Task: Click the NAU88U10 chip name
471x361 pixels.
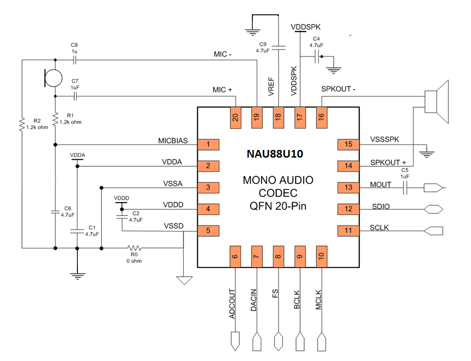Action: point(275,154)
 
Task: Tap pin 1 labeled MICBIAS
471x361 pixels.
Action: point(208,145)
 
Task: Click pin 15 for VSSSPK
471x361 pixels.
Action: point(348,145)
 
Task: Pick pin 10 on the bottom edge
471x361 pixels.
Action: point(321,257)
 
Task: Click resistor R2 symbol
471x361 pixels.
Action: point(22,124)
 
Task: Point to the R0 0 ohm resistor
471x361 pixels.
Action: point(135,248)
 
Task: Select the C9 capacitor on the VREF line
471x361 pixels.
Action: point(278,46)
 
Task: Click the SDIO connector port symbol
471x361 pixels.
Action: point(433,209)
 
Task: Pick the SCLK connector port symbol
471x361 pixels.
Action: point(433,231)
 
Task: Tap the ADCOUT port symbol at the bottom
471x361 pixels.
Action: point(234,341)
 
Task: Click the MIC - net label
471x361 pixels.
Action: point(223,55)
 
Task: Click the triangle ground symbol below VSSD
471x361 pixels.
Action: point(184,280)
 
